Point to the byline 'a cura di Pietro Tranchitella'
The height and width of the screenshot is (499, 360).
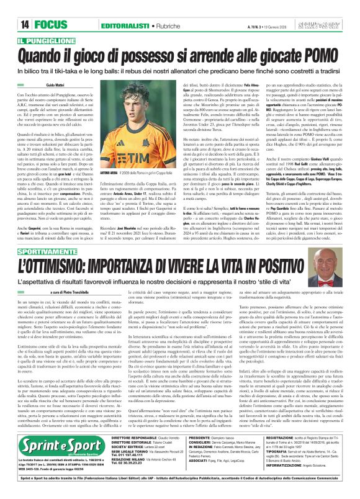58,290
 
